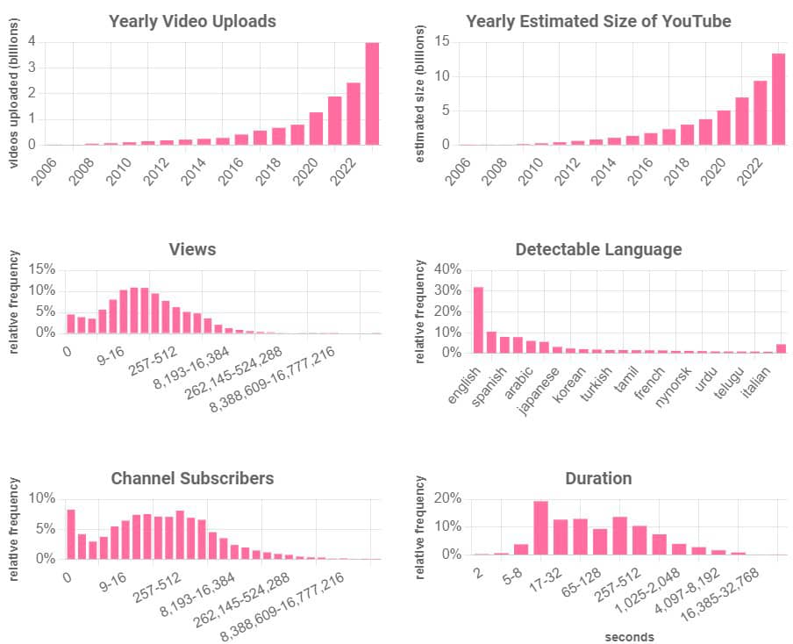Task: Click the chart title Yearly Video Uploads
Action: click(x=192, y=21)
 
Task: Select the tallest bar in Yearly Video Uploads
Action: click(x=372, y=93)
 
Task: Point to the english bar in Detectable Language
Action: click(x=478, y=320)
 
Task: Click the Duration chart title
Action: click(x=598, y=478)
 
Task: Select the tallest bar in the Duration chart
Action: click(x=540, y=527)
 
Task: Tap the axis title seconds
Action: click(x=630, y=637)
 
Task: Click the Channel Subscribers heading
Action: click(x=192, y=478)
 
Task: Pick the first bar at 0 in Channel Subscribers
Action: click(x=70, y=533)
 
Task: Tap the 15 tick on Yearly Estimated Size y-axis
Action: click(x=442, y=41)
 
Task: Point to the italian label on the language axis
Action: click(x=754, y=383)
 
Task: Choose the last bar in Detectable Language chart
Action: click(x=781, y=348)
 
